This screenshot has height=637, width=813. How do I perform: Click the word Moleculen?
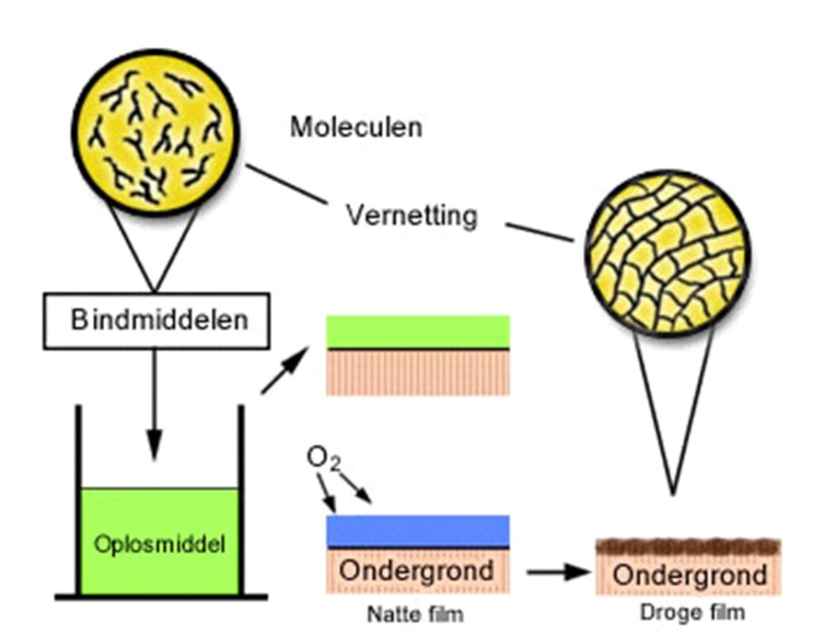355,127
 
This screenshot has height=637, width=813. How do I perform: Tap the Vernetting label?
412,214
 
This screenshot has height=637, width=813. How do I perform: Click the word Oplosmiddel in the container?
159,545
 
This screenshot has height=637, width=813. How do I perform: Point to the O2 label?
322,458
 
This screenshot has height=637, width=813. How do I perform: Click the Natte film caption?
414,614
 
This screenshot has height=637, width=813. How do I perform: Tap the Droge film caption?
692,612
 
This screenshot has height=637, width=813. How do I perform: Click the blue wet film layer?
418,530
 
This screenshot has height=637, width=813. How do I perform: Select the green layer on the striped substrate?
418,331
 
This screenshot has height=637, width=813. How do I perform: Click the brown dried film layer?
688,546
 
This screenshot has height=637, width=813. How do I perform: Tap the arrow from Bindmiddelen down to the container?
155,405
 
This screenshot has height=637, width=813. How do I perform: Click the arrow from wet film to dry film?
557,571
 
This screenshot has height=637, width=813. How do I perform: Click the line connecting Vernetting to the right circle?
540,232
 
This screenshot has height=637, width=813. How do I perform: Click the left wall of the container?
79,500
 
